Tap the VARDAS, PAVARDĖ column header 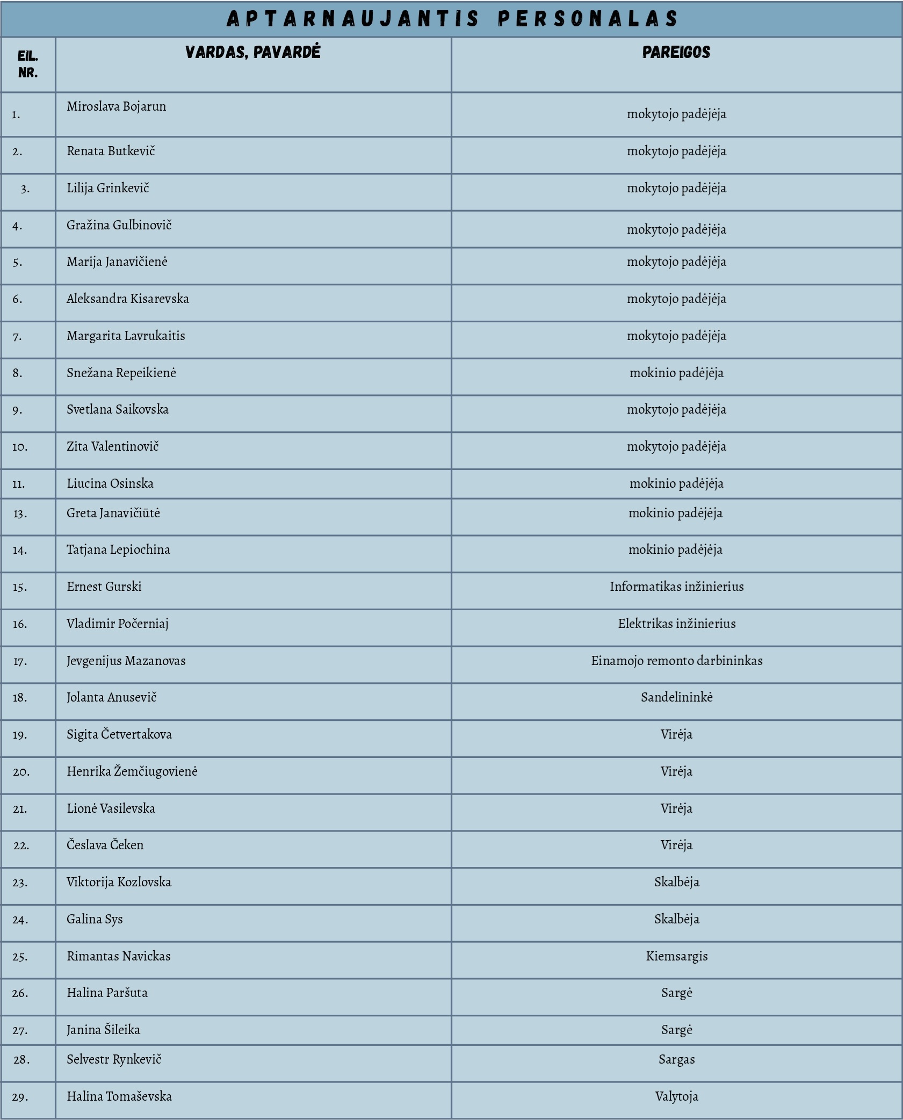(252, 52)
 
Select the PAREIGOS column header (676, 52)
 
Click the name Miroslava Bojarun (117, 106)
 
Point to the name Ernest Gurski (104, 587)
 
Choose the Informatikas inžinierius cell (676, 587)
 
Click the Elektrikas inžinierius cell (676, 624)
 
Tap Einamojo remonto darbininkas (676, 661)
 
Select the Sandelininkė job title (676, 697)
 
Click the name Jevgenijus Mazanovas (126, 661)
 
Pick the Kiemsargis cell (676, 956)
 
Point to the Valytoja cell (676, 1096)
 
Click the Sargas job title (676, 1059)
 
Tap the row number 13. (20, 514)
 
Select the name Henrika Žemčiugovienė (132, 771)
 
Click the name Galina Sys (95, 919)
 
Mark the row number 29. (20, 1097)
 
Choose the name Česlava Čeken (105, 845)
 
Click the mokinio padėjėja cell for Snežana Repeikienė (676, 373)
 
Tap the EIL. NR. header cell (28, 64)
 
